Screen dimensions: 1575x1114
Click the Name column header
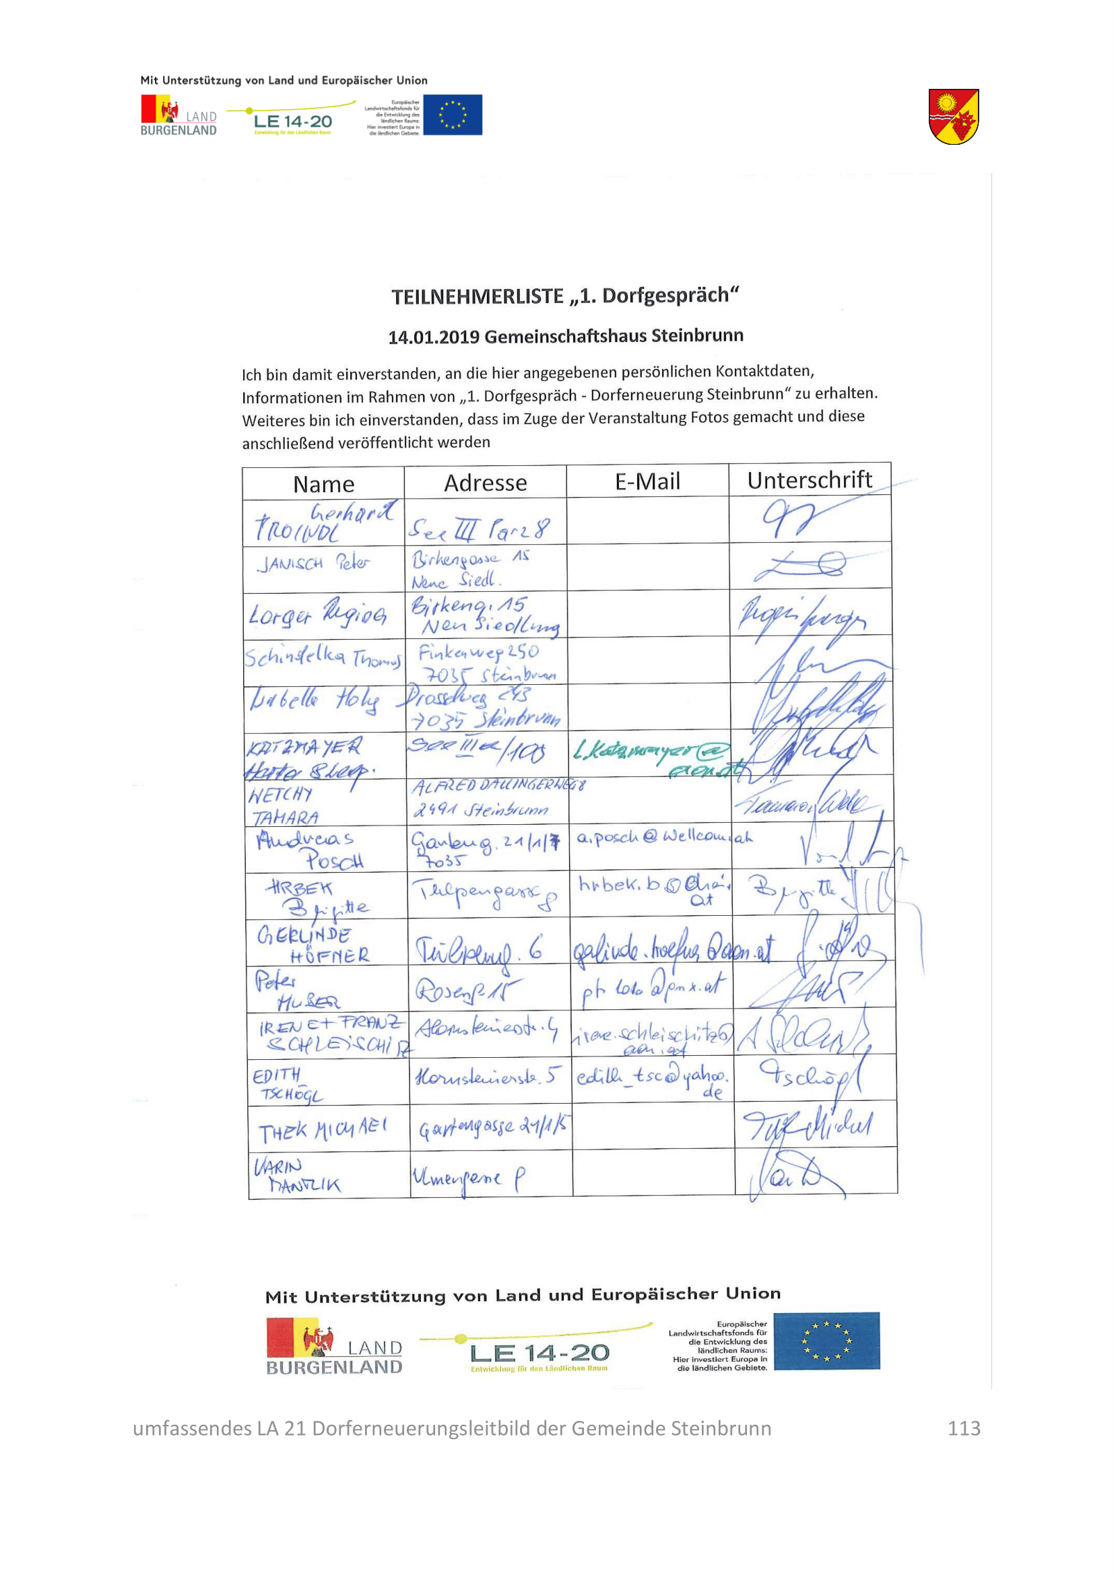tap(323, 484)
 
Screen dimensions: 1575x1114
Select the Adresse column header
tap(485, 483)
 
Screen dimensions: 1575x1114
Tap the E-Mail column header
tap(647, 481)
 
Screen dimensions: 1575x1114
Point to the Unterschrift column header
tap(809, 480)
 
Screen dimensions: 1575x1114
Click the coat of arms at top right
tap(953, 116)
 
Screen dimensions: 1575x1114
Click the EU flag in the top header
tap(452, 114)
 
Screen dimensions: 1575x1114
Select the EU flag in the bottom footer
tap(826, 1341)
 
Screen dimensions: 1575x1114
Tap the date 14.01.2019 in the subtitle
tap(434, 337)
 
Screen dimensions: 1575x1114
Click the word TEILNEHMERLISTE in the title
tap(478, 297)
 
